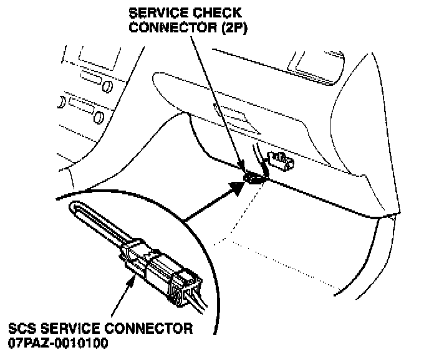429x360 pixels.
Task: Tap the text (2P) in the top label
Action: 231,28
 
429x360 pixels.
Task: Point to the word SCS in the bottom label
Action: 23,328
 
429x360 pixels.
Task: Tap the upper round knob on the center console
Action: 106,83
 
